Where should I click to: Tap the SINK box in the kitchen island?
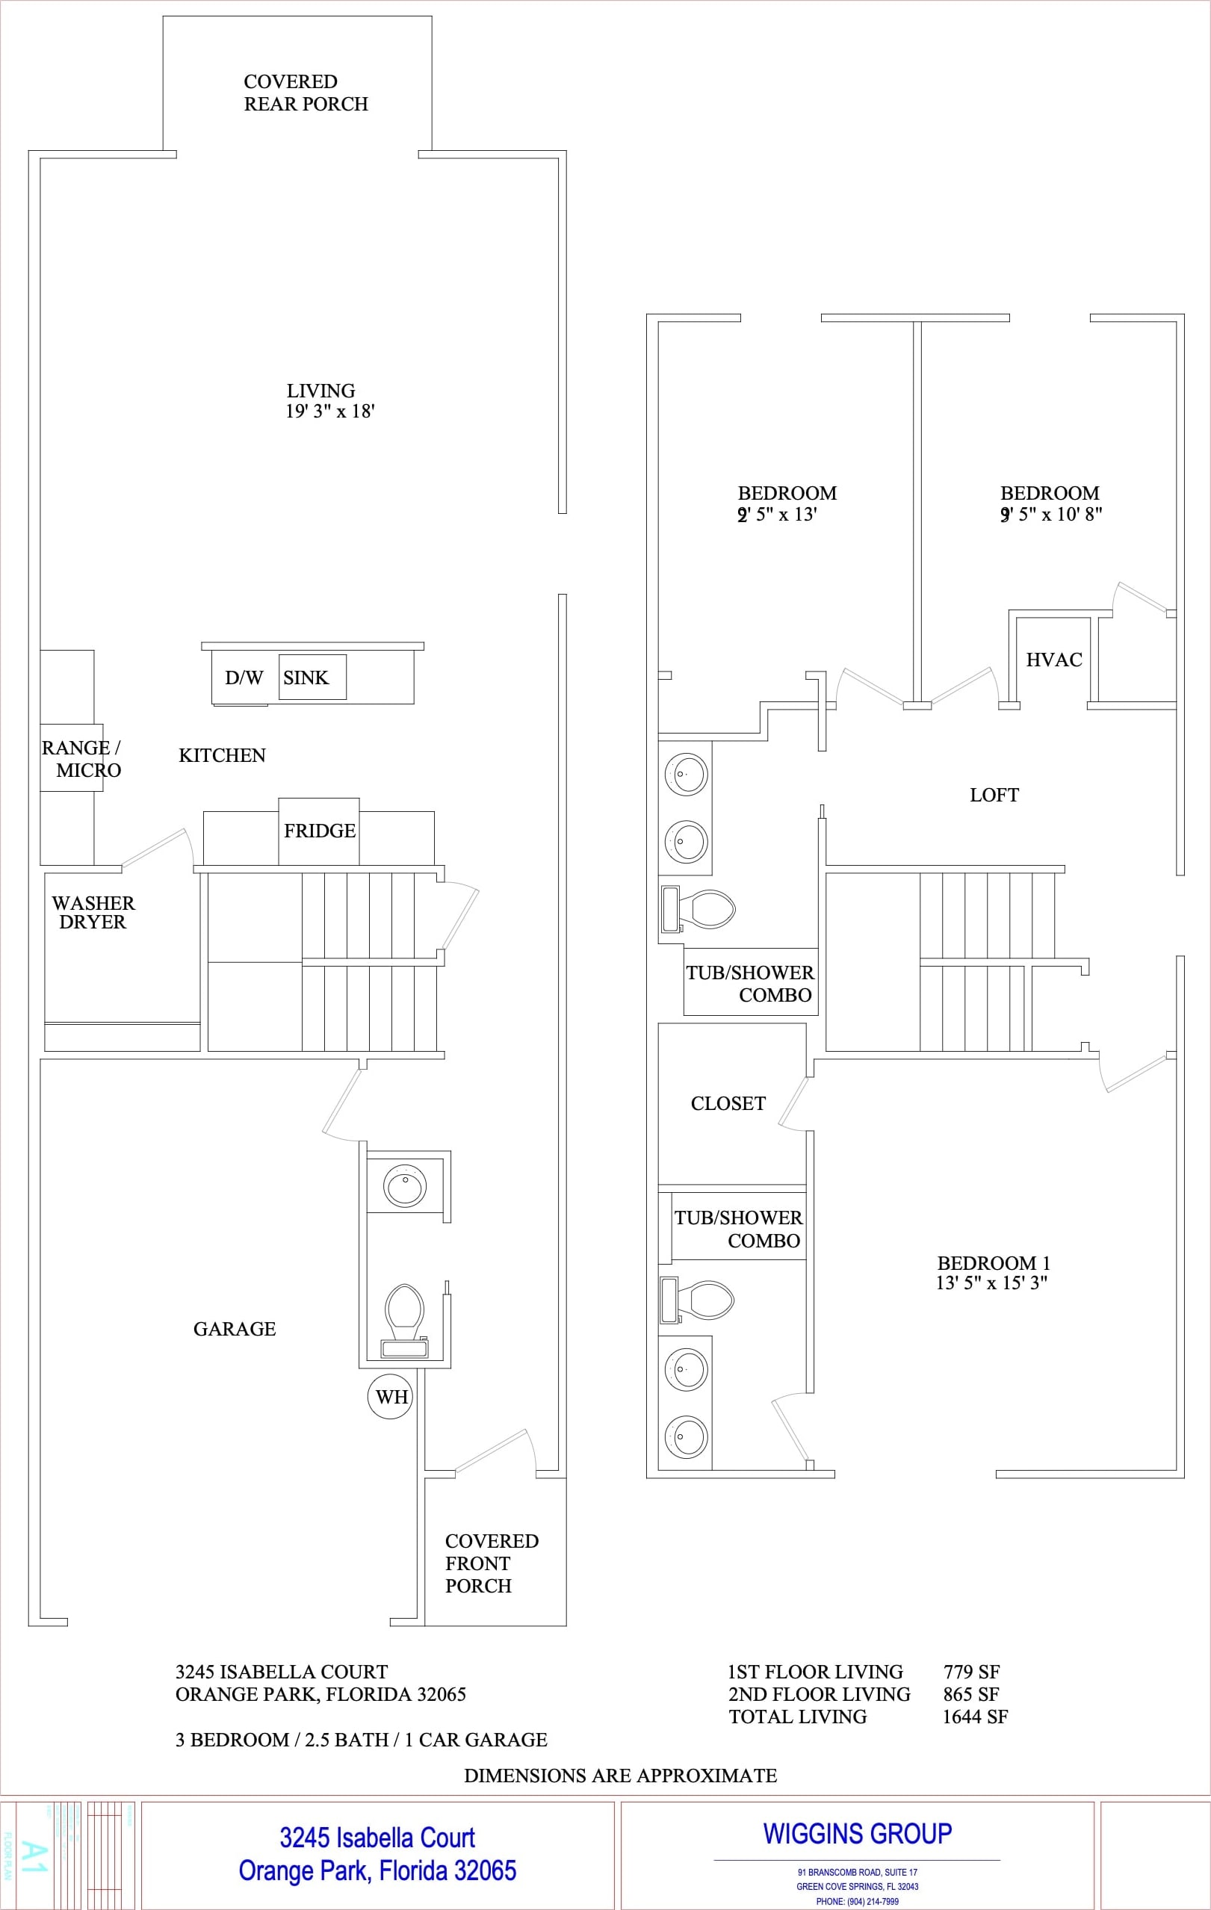click(x=312, y=678)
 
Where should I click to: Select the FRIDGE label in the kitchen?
click(x=320, y=831)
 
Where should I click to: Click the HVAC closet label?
click(x=1053, y=660)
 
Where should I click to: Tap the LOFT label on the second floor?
click(x=994, y=795)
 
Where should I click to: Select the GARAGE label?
click(x=234, y=1329)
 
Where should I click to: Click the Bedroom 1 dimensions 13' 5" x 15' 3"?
click(x=991, y=1283)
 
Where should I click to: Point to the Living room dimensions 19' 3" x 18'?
click(x=330, y=411)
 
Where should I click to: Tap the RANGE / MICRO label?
click(x=81, y=759)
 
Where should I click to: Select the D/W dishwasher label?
click(x=244, y=678)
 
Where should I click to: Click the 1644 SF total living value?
click(x=975, y=1717)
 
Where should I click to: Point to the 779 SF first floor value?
click(x=971, y=1672)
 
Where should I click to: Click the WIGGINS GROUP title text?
click(x=858, y=1834)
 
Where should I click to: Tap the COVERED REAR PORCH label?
click(x=306, y=93)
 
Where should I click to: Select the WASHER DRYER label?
click(x=93, y=912)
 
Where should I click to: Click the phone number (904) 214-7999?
click(x=858, y=1901)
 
